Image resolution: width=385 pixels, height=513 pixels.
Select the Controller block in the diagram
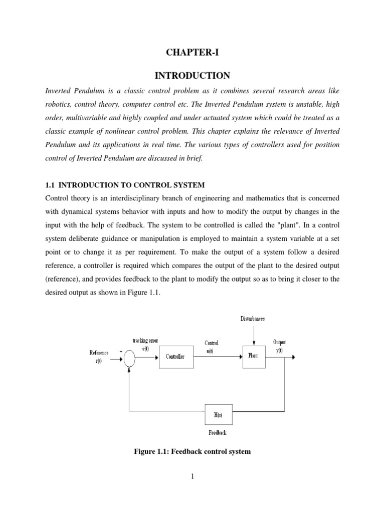click(x=175, y=357)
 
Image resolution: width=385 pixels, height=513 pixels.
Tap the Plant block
click(x=254, y=356)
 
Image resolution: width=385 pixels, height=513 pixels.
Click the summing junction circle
click(x=129, y=358)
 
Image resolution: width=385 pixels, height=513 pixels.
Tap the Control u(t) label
click(x=212, y=346)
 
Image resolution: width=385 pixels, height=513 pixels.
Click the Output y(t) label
click(x=279, y=346)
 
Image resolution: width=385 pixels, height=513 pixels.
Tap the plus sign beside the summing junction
click(x=120, y=351)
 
